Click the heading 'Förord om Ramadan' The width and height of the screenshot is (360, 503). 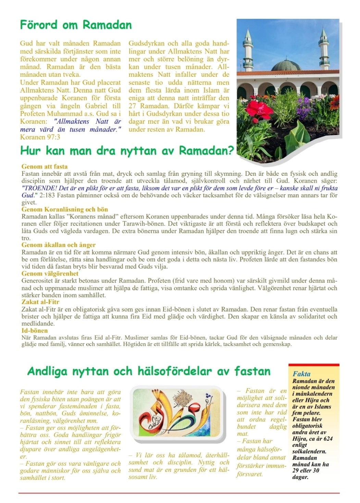click(x=76, y=25)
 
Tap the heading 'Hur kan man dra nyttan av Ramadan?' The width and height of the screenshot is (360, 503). click(x=127, y=150)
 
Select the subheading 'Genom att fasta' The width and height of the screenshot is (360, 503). click(x=45, y=167)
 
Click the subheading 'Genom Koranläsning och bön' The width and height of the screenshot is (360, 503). click(x=65, y=209)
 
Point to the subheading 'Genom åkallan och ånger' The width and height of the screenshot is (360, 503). click(x=58, y=245)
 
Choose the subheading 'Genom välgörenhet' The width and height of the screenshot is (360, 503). click(x=50, y=273)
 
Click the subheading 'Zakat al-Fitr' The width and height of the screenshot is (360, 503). click(x=40, y=302)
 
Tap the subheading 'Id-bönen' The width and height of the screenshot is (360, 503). click(x=35, y=331)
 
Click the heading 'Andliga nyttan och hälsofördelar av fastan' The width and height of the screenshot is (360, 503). click(x=149, y=371)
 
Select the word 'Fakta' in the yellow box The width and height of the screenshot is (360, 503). click(x=301, y=374)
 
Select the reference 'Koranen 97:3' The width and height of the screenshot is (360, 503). click(x=40, y=137)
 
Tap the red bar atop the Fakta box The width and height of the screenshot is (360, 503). click(x=314, y=365)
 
